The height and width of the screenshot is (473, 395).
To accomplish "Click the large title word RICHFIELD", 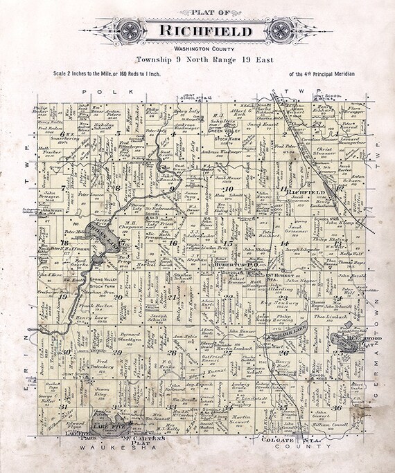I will tap(197, 31).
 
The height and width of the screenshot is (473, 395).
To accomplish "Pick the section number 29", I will tap(118, 353).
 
